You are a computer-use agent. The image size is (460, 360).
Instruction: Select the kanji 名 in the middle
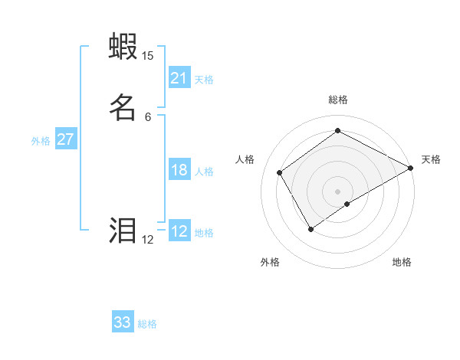coord(123,106)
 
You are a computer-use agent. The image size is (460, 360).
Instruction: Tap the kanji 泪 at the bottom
coord(123,231)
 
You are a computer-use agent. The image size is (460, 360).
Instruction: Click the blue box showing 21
coord(179,78)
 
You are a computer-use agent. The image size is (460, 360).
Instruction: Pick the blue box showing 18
coord(179,170)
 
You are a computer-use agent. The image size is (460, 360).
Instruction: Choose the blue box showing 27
coord(65,139)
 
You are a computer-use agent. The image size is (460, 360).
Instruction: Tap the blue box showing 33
coord(123,322)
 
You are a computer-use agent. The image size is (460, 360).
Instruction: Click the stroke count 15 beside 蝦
coord(147,56)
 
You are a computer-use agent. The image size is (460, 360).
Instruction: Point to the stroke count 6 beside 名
coord(148,116)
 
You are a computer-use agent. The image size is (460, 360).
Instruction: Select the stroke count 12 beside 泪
coord(147,240)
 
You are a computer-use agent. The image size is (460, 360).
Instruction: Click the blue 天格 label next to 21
coord(204,80)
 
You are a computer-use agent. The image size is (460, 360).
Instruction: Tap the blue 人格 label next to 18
coord(204,172)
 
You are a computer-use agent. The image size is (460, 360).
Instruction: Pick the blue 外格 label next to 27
coord(41,141)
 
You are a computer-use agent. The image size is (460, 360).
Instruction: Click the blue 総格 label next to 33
coord(147,324)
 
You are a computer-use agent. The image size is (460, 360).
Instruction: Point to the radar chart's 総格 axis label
coord(337,100)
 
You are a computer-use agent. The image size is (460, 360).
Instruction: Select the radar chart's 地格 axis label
coord(402,262)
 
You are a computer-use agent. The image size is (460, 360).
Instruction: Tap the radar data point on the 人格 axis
coord(280,172)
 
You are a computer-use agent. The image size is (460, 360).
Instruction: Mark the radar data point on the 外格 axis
coord(310,228)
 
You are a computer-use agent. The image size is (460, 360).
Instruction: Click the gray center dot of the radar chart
coord(337,191)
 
